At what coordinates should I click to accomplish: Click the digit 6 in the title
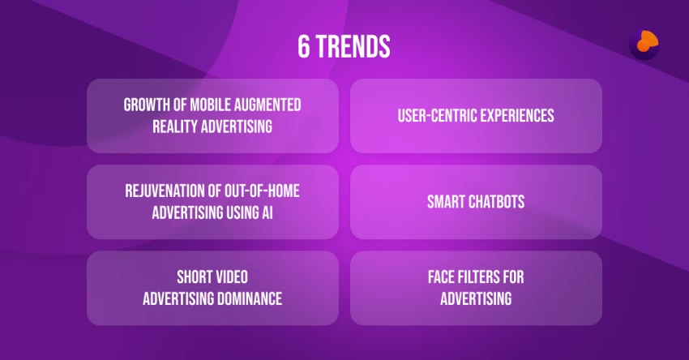[303, 46]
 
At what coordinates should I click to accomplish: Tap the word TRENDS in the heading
[353, 46]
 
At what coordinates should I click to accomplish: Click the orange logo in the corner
[644, 45]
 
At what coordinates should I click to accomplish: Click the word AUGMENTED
[267, 105]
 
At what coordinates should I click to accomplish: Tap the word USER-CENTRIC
[437, 116]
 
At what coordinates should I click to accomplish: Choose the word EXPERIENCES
[517, 116]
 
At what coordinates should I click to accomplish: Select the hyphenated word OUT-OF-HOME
[262, 191]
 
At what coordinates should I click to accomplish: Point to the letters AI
[267, 212]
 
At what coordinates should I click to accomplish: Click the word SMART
[446, 202]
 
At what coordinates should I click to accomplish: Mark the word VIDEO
[232, 277]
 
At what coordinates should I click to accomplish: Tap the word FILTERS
[478, 277]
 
